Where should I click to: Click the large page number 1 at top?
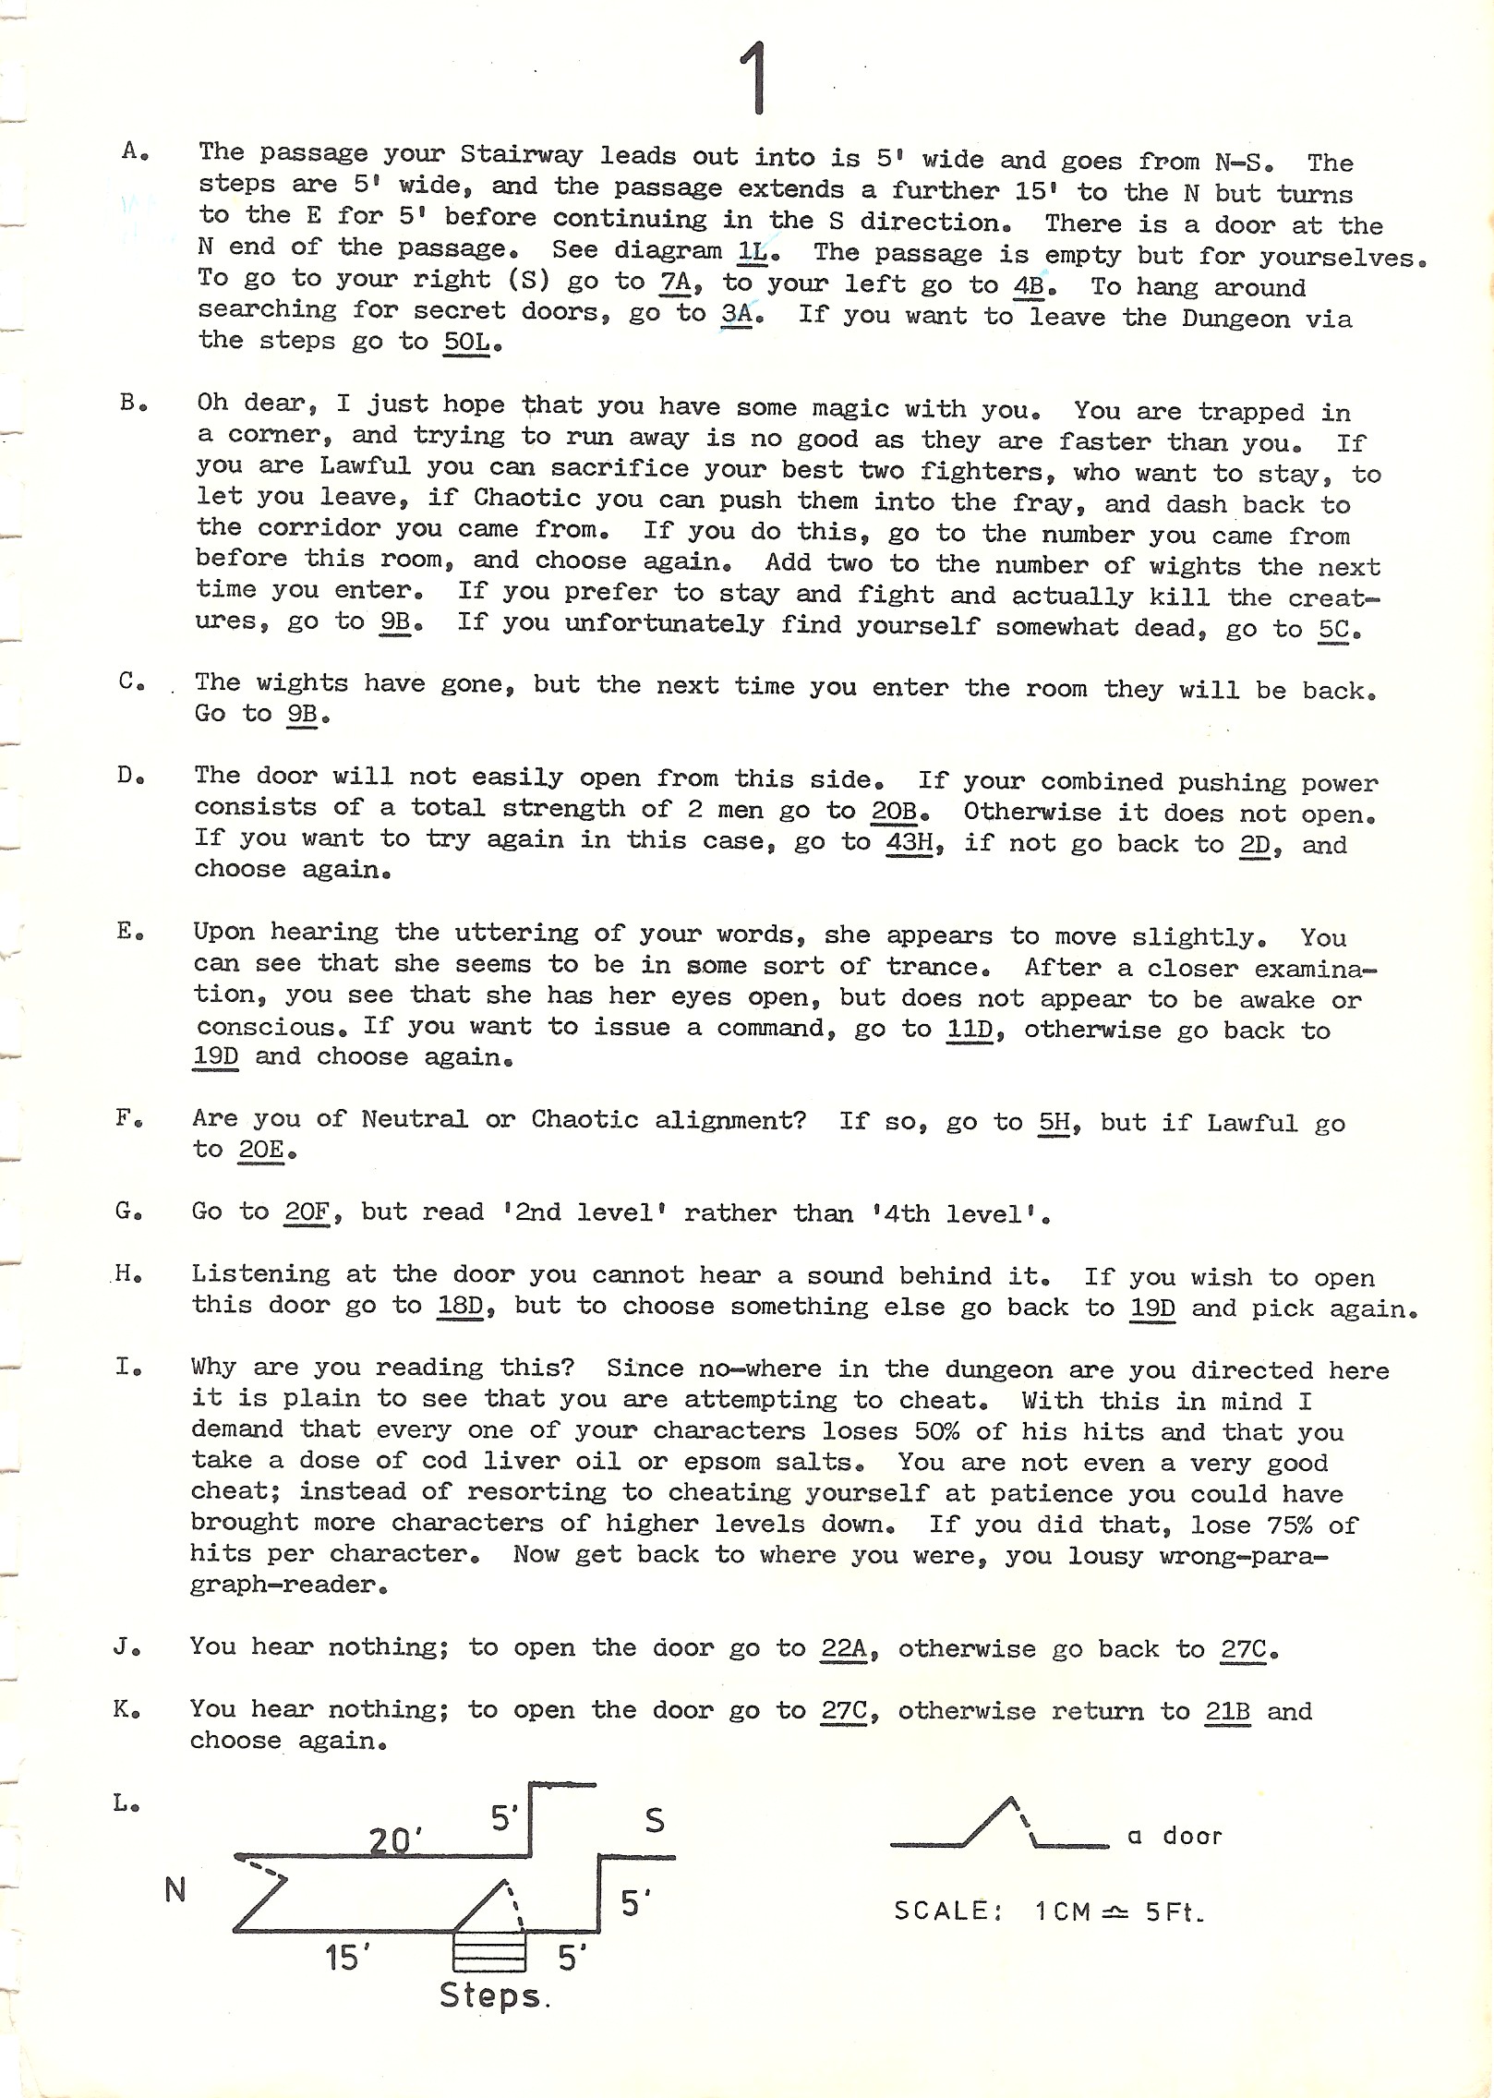[x=755, y=80]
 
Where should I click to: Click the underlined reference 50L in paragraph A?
[x=466, y=342]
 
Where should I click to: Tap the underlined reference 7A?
[x=675, y=282]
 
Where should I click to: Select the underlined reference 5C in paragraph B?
[x=1333, y=630]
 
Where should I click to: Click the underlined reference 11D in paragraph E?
[x=970, y=1029]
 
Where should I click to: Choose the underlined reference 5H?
[x=1054, y=1122]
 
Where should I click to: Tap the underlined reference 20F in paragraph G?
[x=307, y=1212]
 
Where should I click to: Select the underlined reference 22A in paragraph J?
[x=844, y=1648]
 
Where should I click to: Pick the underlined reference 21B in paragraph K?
[x=1227, y=1711]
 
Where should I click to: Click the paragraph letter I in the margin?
[x=125, y=1367]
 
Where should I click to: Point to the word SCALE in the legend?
[x=942, y=1911]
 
